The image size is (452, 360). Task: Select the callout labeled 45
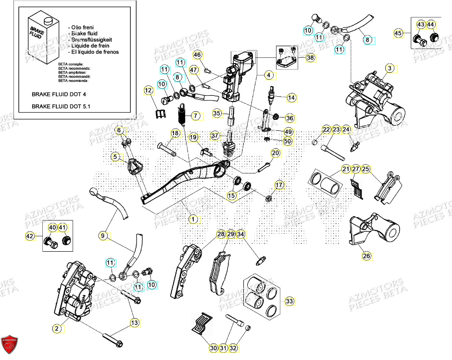coord(398,33)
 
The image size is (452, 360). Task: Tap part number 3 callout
coord(390,68)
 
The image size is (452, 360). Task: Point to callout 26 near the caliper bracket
coord(366,256)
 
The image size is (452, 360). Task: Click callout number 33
coord(289,301)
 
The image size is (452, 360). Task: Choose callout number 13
coord(134,322)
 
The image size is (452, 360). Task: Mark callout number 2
coord(57,328)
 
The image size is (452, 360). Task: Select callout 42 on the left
coord(30,236)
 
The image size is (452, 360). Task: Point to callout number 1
coord(193,219)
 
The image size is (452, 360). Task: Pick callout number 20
coord(275,153)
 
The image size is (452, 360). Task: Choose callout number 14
coord(291,98)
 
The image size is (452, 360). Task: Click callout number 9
coord(103,235)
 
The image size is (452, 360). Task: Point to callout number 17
coord(279,185)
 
